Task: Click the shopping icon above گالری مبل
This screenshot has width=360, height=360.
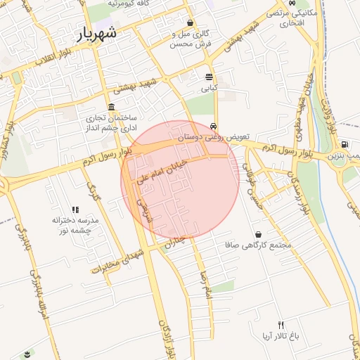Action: click(191, 22)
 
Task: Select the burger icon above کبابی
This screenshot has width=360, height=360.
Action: click(209, 77)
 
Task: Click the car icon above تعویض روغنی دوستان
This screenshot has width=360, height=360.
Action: click(213, 128)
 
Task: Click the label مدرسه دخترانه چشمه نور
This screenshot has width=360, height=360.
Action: click(76, 225)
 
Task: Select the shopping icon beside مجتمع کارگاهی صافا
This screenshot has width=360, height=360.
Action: click(259, 234)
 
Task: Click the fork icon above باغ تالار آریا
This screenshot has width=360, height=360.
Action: click(282, 325)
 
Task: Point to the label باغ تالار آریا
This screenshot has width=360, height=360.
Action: click(276, 336)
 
